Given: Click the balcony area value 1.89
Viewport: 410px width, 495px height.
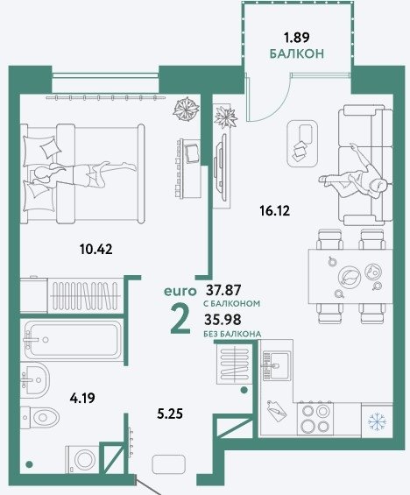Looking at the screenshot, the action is pyautogui.click(x=296, y=38).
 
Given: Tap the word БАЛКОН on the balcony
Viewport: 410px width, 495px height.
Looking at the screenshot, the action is pyautogui.click(x=297, y=53).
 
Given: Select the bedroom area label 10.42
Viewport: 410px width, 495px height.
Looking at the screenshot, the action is pyautogui.click(x=96, y=250).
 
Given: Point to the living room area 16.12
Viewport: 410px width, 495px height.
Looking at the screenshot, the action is pyautogui.click(x=274, y=210).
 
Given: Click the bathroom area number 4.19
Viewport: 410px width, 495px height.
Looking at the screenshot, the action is pyautogui.click(x=82, y=398).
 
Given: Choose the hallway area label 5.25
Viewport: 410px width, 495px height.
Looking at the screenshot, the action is pyautogui.click(x=170, y=414).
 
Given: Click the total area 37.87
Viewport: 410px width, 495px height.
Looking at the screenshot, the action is pyautogui.click(x=223, y=289).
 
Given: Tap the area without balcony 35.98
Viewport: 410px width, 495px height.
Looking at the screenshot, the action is pyautogui.click(x=223, y=320).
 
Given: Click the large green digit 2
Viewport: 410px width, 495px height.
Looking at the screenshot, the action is pyautogui.click(x=180, y=320).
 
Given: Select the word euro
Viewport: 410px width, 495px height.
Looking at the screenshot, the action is pyautogui.click(x=180, y=292).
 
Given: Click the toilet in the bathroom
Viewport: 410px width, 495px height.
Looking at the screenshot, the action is pyautogui.click(x=39, y=417).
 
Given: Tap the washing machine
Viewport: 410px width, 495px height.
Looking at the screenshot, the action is pyautogui.click(x=82, y=459).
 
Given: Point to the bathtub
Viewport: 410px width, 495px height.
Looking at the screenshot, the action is pyautogui.click(x=72, y=340).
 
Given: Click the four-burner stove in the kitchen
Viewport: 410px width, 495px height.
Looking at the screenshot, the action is pyautogui.click(x=315, y=419).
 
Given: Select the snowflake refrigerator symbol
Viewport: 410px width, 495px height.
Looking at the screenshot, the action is pyautogui.click(x=378, y=421).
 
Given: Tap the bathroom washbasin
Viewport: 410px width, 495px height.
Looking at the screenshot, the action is pyautogui.click(x=35, y=378).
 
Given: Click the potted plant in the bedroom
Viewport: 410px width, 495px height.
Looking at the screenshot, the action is pyautogui.click(x=187, y=109).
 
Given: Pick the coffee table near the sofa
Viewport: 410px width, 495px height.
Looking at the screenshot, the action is pyautogui.click(x=302, y=143).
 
